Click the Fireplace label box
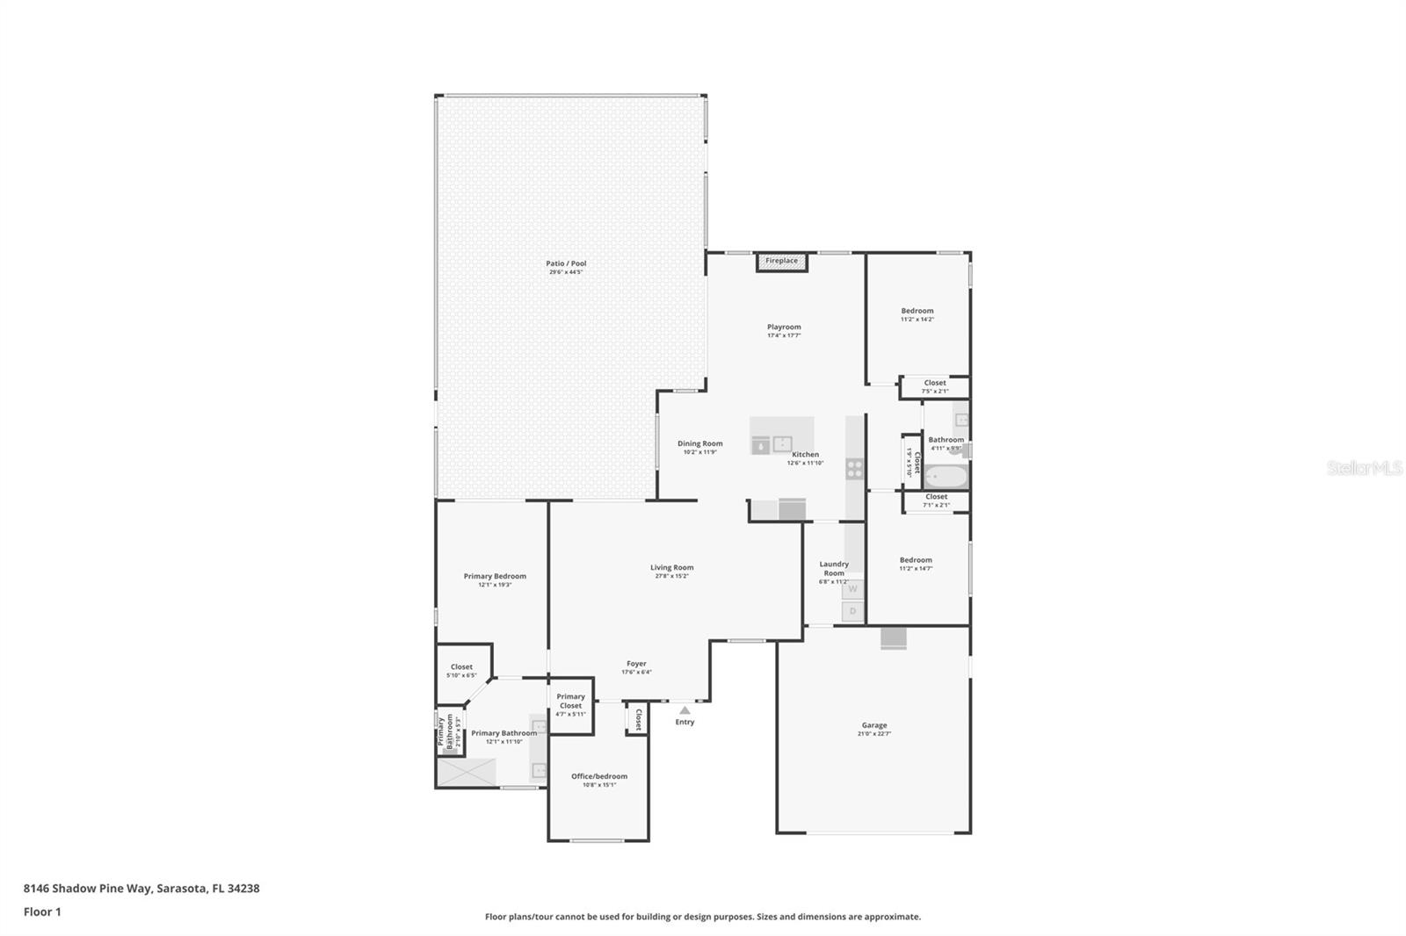click(781, 262)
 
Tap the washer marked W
click(852, 589)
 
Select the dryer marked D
click(852, 611)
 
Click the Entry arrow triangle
click(685, 710)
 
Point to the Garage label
click(873, 725)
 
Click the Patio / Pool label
click(566, 263)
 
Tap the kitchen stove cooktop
click(854, 469)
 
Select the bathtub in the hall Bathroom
click(946, 477)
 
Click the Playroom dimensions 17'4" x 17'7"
click(784, 335)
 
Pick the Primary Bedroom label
click(495, 576)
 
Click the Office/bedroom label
click(599, 776)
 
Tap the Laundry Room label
click(834, 568)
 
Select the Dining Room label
click(699, 443)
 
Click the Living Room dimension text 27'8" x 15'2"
click(671, 576)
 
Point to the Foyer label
click(636, 664)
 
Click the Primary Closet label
click(570, 701)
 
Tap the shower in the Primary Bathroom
click(467, 772)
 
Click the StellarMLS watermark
click(1364, 468)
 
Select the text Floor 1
click(42, 911)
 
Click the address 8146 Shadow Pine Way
click(88, 888)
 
